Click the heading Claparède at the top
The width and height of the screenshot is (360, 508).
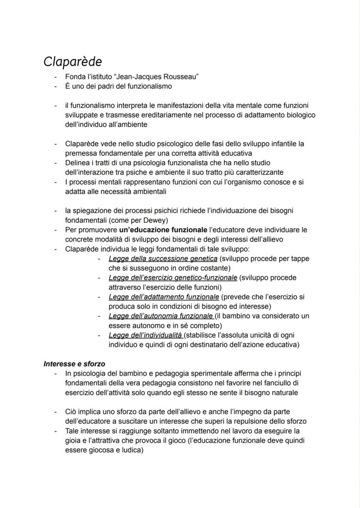[73, 62]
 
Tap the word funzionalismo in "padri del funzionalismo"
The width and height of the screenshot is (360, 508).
[150, 86]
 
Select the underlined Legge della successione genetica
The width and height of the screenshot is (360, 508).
[163, 259]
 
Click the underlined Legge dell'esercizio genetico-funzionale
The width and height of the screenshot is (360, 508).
[173, 278]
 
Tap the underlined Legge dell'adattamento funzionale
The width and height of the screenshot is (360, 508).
[163, 297]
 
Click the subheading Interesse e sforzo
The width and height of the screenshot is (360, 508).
[74, 364]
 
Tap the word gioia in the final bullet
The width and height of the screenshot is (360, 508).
[74, 440]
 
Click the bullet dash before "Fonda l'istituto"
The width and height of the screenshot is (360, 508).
[55, 77]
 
